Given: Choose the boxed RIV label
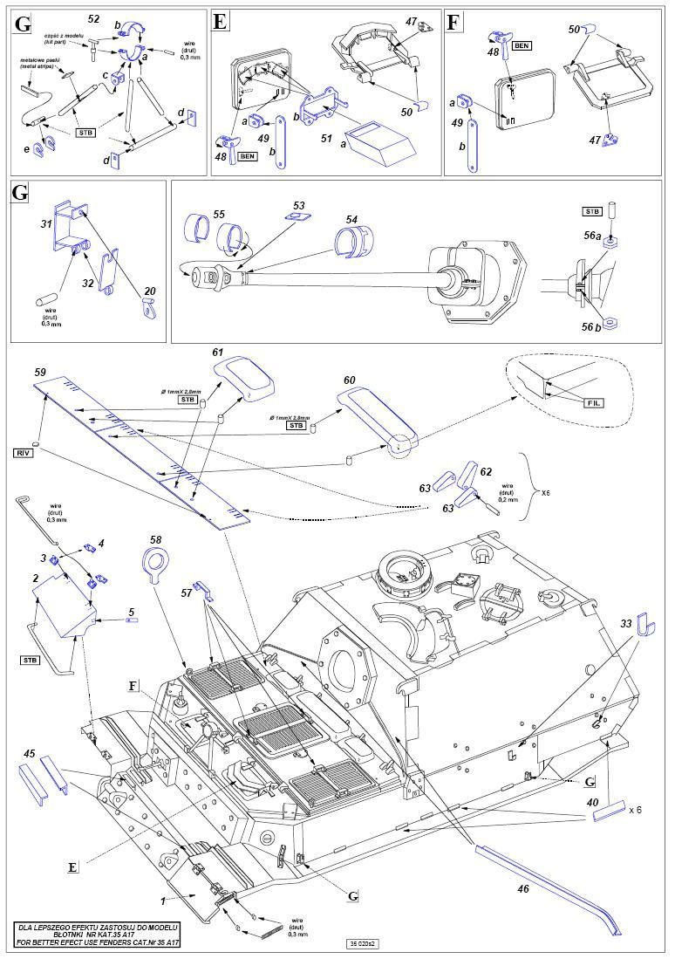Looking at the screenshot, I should pos(23,453).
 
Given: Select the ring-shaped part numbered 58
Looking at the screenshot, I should pos(157,560).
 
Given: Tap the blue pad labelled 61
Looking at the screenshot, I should pos(247,376).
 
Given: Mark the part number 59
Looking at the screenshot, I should pos(39,373).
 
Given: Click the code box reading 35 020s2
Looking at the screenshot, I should pos(362,942).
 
